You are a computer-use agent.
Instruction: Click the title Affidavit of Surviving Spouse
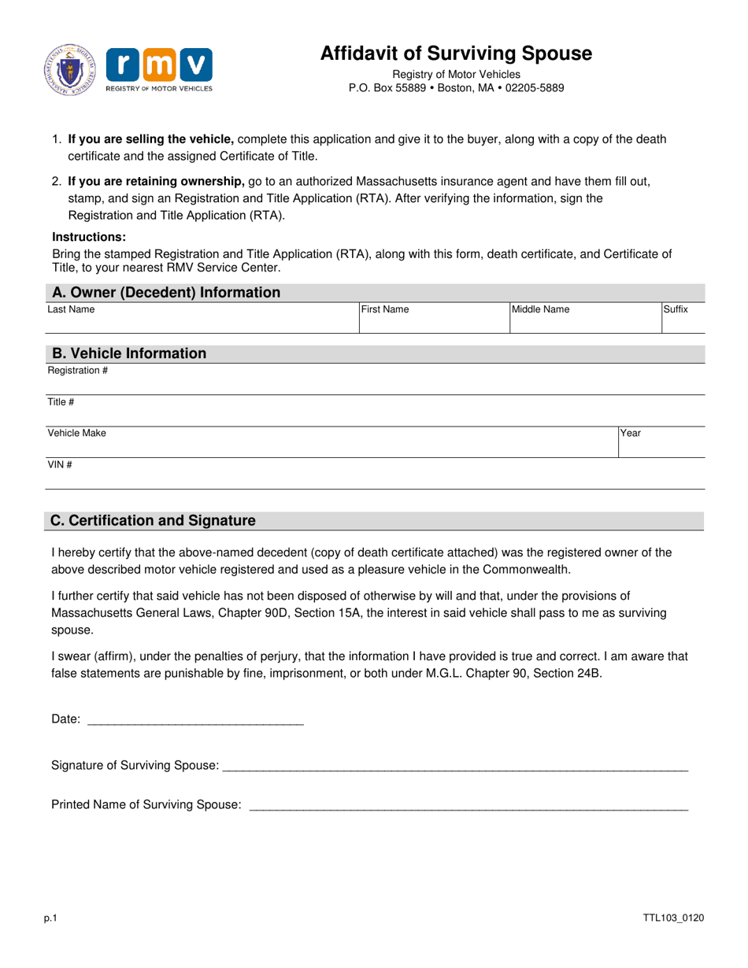tap(456, 54)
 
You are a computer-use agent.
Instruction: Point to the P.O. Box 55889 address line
tap(456, 88)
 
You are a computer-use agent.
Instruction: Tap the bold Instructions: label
tap(89, 237)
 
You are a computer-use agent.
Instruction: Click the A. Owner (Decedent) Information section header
tap(165, 293)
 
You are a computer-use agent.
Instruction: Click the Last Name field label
tap(71, 310)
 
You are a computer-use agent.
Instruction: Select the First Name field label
tap(385, 310)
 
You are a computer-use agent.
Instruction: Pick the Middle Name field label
tap(541, 310)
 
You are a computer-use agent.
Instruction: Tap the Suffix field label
tap(676, 310)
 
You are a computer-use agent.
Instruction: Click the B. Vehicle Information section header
tap(128, 353)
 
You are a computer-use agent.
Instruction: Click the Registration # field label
tap(78, 371)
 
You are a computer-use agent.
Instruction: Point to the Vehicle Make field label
tap(77, 434)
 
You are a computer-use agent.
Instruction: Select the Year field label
tap(631, 434)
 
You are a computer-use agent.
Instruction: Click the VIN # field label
tap(61, 465)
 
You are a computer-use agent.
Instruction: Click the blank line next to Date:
tap(194, 719)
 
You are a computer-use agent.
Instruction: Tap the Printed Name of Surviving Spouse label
tap(146, 804)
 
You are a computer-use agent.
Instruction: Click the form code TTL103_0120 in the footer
tap(673, 918)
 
